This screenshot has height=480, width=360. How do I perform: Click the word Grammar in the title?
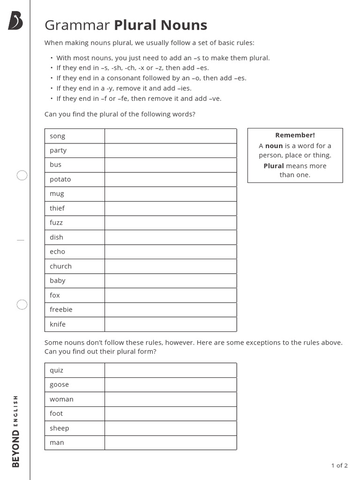pos(77,25)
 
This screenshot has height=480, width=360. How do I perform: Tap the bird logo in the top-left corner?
pos(15,21)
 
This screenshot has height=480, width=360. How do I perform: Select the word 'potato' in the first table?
pos(60,179)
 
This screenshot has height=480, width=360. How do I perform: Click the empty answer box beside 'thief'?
pos(171,208)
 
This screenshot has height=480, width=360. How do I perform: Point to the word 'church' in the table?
pos(61,266)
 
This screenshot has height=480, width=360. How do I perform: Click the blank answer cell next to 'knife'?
pos(171,324)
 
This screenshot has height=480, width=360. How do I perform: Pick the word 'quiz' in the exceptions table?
pos(57,370)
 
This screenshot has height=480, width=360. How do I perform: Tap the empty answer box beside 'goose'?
pos(171,385)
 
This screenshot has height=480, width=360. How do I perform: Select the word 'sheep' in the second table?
pos(60,428)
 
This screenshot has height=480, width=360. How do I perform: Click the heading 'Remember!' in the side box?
pos(295,135)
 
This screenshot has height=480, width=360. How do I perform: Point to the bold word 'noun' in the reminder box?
pos(274,146)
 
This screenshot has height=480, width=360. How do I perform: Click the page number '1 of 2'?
pos(339,465)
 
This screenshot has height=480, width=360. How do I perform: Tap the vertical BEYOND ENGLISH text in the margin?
pos(16,431)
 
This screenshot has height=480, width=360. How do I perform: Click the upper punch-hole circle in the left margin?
pos(22,175)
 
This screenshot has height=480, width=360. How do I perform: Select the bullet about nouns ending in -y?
pos(124,88)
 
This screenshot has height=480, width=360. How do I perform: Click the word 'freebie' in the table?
pos(61,309)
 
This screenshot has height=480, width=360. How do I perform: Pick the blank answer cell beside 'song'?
pos(171,136)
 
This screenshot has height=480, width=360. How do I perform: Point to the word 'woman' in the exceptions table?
pos(62,399)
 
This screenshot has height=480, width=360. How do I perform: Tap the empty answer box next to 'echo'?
pos(171,252)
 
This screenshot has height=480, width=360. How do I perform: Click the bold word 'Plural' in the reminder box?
pos(274,166)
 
